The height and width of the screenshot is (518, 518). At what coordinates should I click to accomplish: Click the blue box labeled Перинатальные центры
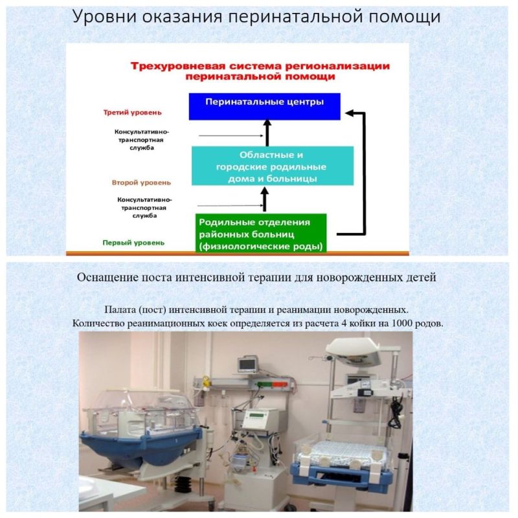coord(264,106)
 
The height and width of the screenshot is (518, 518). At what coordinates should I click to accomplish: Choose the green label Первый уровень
coord(133,243)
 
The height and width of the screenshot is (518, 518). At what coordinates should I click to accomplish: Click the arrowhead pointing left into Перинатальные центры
coord(350,113)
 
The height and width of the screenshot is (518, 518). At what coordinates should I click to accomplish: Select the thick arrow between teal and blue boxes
coord(265,133)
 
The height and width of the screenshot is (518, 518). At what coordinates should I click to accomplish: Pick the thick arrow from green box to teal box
coord(264,198)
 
